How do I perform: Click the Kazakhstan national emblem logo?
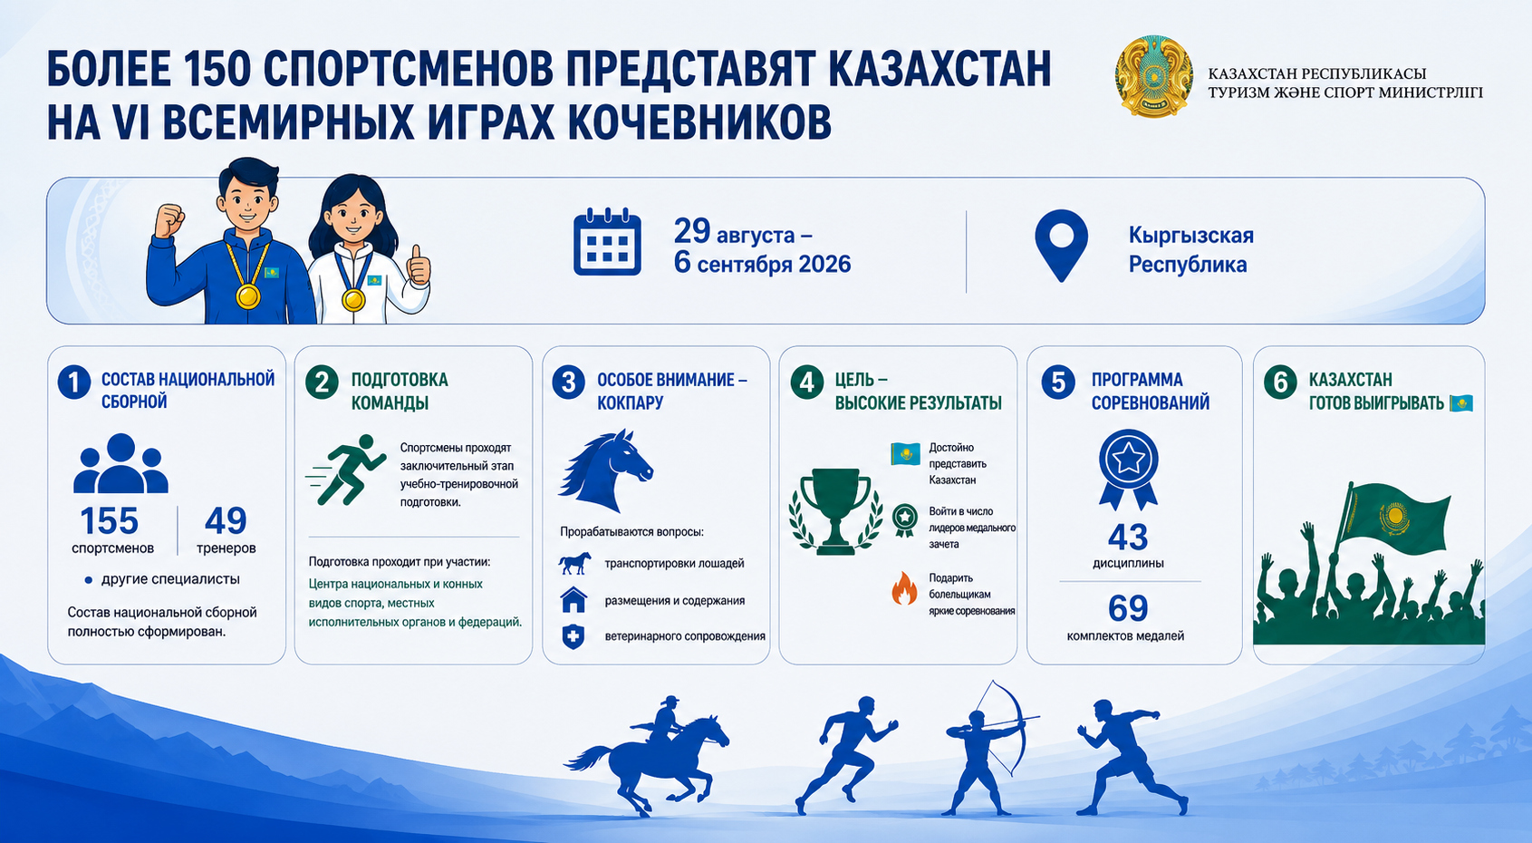coord(1154,77)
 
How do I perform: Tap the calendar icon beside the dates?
coord(607,241)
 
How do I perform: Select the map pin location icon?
coord(1061,246)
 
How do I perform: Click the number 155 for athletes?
coord(110,520)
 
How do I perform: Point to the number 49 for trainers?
coord(226,520)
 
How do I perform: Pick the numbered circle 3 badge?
coord(568,382)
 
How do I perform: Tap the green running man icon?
coord(346,470)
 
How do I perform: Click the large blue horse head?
coord(606,470)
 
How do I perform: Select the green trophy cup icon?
coord(835,510)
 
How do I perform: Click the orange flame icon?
coord(904,588)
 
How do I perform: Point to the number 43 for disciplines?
coord(1128,538)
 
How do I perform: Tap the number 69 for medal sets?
coord(1128,607)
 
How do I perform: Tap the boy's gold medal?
coord(248,296)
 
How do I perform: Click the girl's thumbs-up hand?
coord(418,266)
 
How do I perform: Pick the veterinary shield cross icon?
coord(573,636)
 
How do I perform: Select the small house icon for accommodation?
coord(573,599)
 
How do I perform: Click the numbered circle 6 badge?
coord(1280,382)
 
